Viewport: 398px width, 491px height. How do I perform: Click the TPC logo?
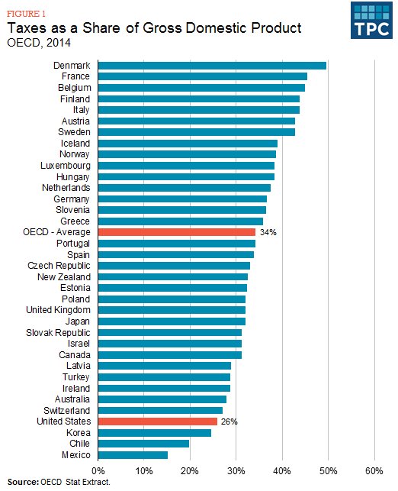371,21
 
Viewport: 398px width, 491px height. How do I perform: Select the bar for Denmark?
212,66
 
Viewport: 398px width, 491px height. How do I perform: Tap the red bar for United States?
158,422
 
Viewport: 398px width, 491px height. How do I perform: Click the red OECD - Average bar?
177,232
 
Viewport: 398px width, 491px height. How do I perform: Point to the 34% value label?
268,232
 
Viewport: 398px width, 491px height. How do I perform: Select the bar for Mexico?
133,455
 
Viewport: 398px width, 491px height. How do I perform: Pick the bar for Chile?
143,444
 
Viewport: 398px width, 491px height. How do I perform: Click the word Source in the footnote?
22,483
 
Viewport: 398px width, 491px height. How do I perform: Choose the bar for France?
203,76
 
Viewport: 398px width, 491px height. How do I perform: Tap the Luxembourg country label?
65,166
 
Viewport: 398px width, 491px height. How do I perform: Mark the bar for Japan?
172,321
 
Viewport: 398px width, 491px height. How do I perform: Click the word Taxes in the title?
27,28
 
